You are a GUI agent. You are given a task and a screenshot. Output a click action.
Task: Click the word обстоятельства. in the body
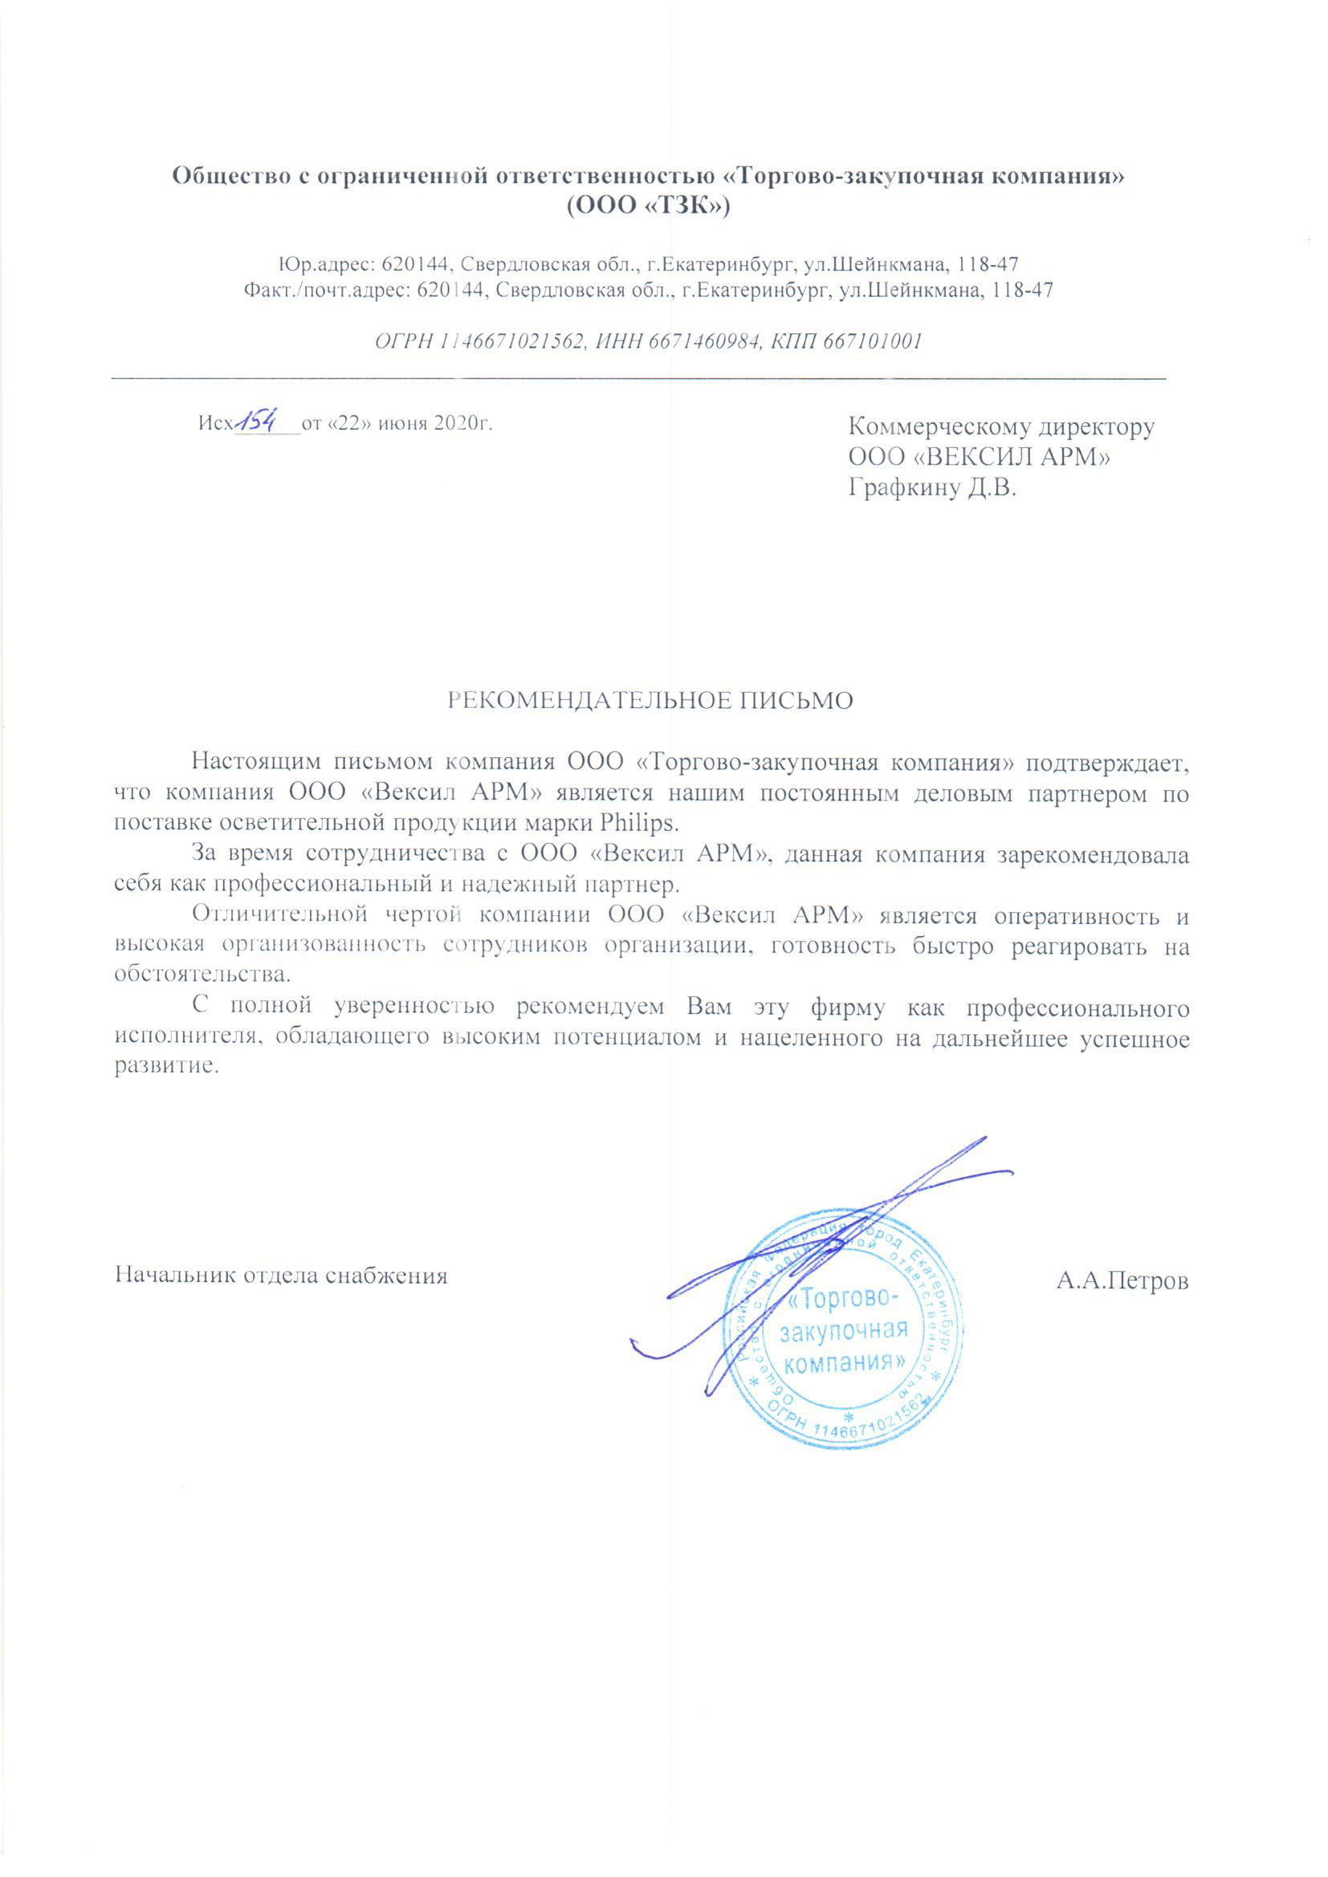[203, 975]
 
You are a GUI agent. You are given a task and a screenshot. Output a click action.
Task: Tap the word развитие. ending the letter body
[167, 1068]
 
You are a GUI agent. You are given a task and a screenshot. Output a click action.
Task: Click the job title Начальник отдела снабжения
[281, 1276]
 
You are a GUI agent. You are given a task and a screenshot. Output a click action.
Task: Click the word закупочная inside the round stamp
[844, 1330]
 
